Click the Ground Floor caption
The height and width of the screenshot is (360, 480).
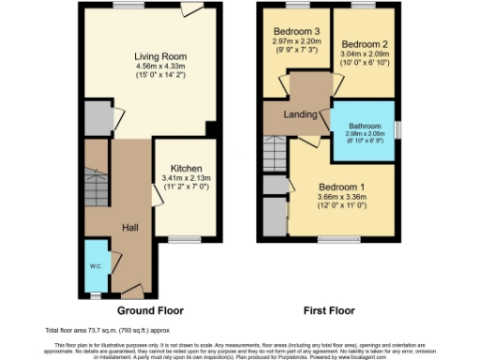pos(150,309)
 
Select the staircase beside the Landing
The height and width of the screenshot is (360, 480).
pos(272,148)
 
